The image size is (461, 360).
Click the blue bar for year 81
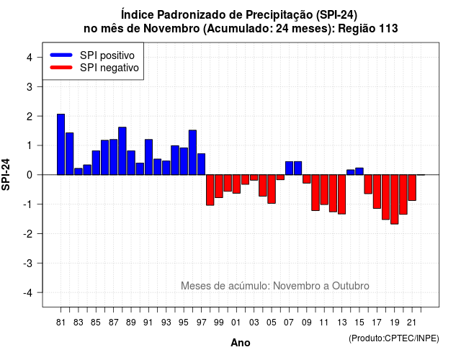[61, 144]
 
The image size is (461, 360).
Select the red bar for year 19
[395, 199]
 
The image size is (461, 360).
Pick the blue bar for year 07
[289, 168]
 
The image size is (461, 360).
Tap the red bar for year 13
[341, 194]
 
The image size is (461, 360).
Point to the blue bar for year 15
[359, 171]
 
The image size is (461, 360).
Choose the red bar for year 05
[272, 189]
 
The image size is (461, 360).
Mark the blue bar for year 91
[149, 157]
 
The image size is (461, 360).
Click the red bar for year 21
[412, 188]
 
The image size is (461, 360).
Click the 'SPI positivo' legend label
[107, 55]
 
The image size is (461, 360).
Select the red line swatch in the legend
[61, 68]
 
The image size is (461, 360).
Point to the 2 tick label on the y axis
[30, 117]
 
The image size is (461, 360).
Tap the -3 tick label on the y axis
[28, 264]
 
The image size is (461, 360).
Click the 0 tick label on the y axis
[30, 175]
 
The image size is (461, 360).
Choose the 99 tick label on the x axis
[219, 323]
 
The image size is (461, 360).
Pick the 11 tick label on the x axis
[324, 323]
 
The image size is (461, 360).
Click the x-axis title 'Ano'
[241, 343]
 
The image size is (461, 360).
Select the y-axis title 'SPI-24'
[6, 174]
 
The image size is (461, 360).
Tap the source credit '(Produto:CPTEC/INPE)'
[394, 338]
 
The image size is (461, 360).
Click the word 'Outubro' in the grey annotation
[351, 286]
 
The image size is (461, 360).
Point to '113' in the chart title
[389, 29]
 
